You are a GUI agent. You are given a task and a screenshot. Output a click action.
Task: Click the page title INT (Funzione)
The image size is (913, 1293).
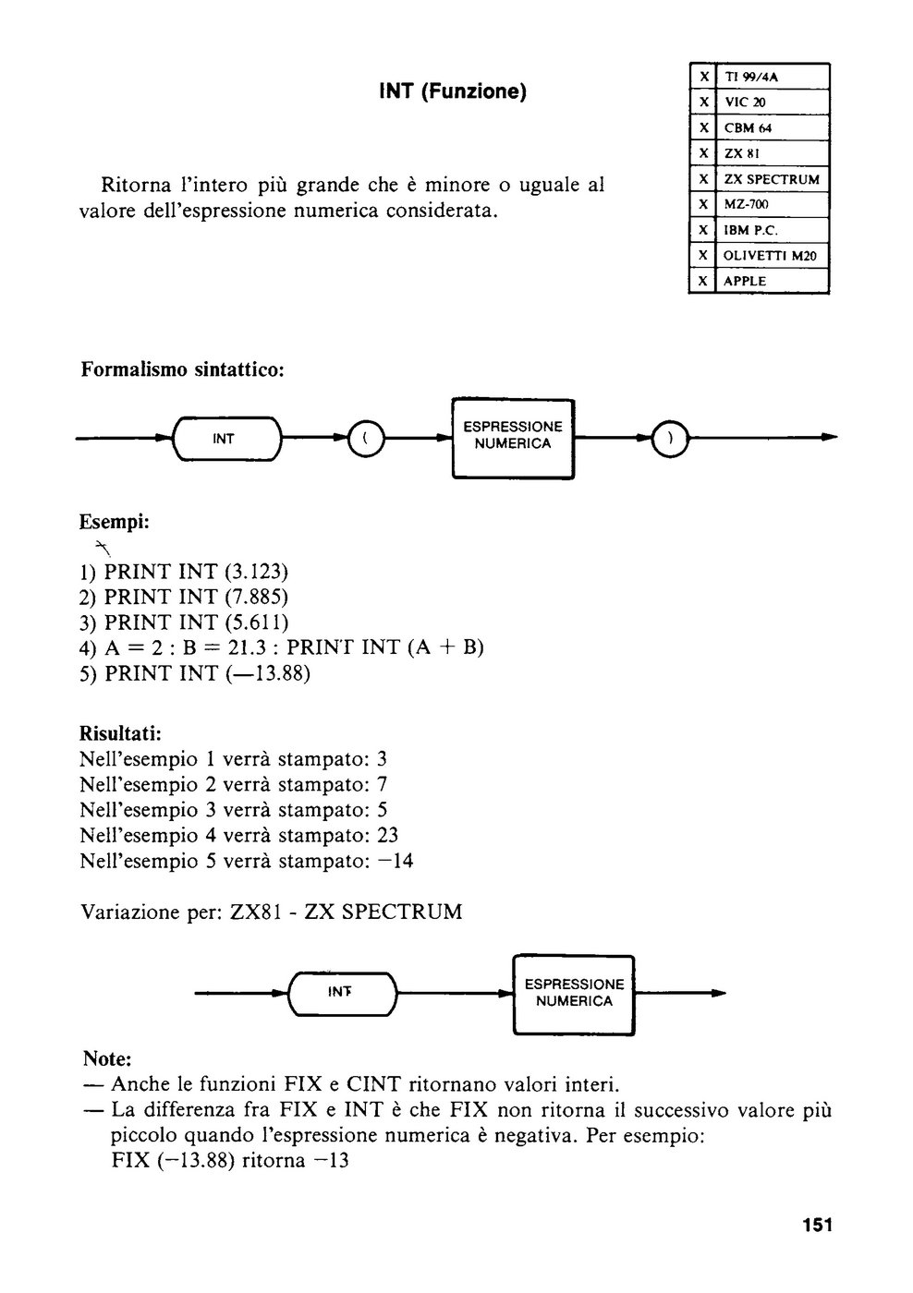[x=453, y=91]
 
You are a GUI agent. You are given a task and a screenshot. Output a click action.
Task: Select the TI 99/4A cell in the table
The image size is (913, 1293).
[x=773, y=76]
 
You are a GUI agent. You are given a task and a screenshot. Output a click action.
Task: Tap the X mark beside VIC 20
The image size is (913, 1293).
[x=703, y=103]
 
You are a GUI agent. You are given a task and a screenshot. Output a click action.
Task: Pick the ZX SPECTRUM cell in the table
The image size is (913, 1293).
[x=773, y=179]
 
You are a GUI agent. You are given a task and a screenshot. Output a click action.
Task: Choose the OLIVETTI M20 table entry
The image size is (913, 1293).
[x=773, y=256]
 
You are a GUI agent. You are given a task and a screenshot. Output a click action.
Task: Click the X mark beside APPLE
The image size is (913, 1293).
[x=703, y=281]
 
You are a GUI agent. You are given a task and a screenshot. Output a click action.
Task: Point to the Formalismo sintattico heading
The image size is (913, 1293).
[x=182, y=369]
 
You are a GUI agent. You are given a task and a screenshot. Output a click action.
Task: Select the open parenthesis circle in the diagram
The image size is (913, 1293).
[x=366, y=439]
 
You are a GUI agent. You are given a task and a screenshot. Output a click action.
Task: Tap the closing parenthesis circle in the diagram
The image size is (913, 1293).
[x=670, y=439]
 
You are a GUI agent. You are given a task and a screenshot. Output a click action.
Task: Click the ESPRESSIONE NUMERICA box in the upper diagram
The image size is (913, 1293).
[x=513, y=439]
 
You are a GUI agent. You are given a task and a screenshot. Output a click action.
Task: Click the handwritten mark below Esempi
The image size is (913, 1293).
[x=103, y=546]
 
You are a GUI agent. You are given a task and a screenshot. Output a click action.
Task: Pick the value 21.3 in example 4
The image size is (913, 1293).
[x=247, y=647]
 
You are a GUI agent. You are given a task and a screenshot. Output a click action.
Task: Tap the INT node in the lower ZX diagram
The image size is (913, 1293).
[x=342, y=993]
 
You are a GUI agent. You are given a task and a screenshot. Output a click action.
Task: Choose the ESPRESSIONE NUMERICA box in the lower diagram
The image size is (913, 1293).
[x=574, y=994]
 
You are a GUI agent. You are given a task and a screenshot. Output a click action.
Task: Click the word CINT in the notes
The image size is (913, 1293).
[x=373, y=1084]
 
